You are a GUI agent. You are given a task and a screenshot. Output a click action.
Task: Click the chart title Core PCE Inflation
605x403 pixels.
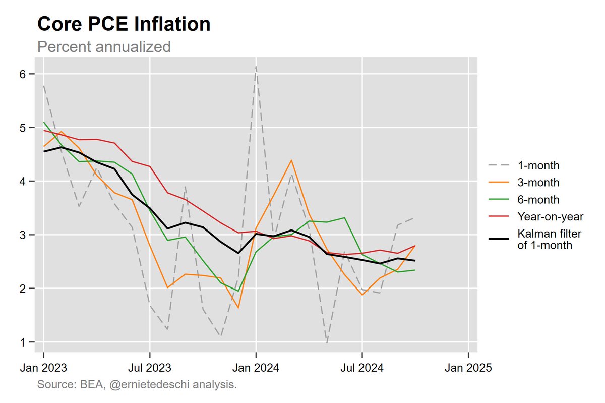(x=124, y=24)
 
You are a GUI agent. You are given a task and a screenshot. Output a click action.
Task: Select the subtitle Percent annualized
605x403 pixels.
(x=104, y=47)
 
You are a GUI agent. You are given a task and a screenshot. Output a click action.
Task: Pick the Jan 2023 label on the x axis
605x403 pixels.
(x=43, y=368)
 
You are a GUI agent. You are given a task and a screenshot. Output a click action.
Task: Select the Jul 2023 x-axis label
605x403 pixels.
(x=150, y=368)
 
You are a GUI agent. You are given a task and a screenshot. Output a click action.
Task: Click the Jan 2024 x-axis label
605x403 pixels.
(x=256, y=368)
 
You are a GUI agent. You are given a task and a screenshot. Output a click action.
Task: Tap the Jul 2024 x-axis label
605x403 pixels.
(x=362, y=368)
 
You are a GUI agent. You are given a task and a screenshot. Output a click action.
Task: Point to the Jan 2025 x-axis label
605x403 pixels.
(x=468, y=368)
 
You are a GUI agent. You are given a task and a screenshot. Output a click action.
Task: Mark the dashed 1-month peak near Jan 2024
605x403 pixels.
(x=256, y=67)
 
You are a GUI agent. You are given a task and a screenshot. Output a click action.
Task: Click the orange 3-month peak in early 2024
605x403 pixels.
(x=291, y=160)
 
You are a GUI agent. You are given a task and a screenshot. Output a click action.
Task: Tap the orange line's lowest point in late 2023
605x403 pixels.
(x=238, y=308)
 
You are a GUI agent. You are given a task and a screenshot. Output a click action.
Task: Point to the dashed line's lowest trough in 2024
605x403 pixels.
(x=327, y=343)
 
